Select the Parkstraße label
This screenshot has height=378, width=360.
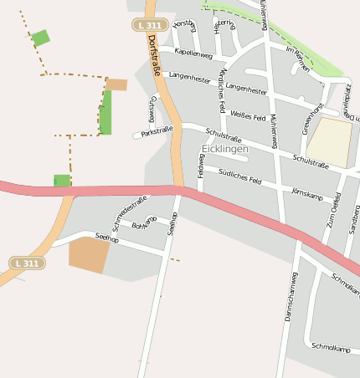tap(157, 132)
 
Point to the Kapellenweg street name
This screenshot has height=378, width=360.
tap(193, 53)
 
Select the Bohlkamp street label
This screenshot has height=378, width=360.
tap(145, 222)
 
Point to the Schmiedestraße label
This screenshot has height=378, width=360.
tap(130, 212)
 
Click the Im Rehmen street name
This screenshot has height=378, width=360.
tap(298, 59)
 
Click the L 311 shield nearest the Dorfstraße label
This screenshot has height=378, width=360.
tap(147, 26)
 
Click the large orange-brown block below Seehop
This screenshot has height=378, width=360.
tap(89, 254)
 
